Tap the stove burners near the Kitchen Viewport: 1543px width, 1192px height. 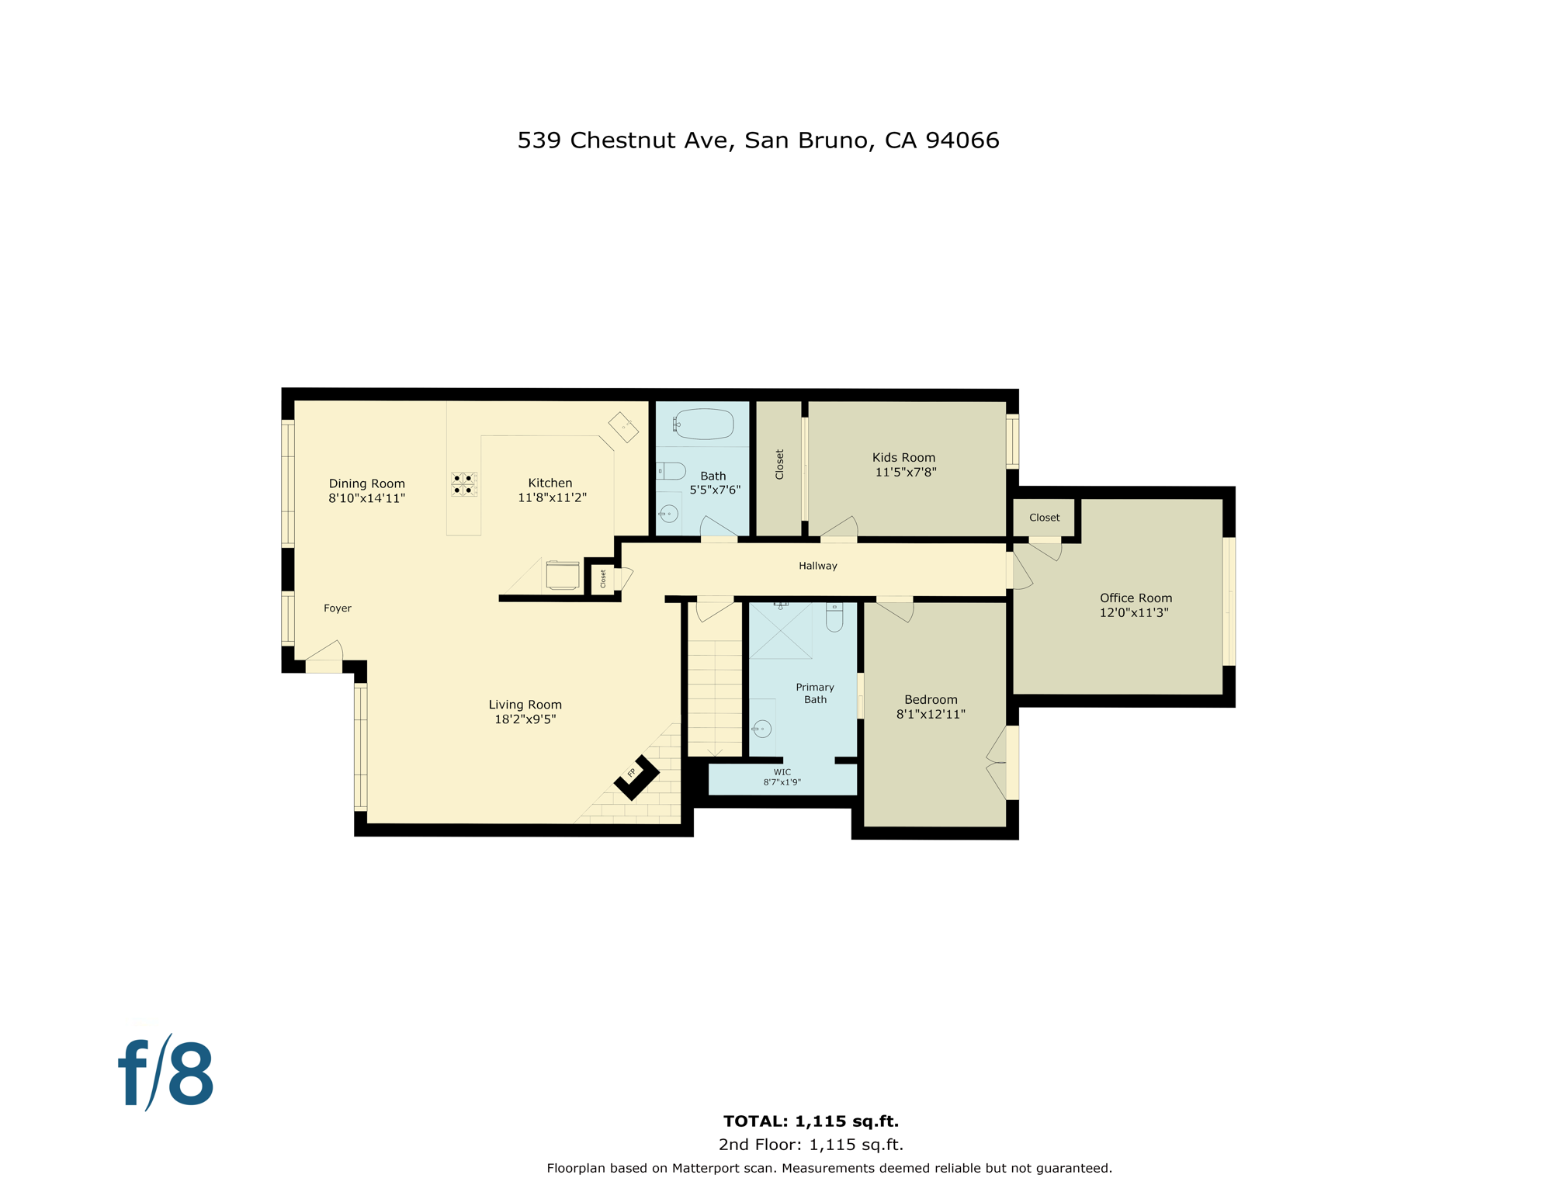pos(463,484)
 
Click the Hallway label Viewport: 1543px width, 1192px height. pos(817,566)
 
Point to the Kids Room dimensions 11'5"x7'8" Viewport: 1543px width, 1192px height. pos(905,472)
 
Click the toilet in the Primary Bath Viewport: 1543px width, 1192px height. pos(834,618)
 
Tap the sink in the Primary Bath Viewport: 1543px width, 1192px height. pos(762,729)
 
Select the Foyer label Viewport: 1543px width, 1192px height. pos(337,608)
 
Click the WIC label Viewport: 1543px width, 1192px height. pos(782,772)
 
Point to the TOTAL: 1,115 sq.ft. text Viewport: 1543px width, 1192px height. pos(810,1121)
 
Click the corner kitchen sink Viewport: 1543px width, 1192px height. pos(623,427)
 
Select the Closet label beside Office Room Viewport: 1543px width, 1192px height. pos(1044,518)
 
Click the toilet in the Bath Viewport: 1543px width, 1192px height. pos(671,470)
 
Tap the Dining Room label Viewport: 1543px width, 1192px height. pos(366,483)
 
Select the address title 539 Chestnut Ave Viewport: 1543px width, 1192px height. pos(758,140)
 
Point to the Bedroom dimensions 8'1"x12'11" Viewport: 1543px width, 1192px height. pos(930,714)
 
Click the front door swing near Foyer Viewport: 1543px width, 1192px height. pos(325,656)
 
